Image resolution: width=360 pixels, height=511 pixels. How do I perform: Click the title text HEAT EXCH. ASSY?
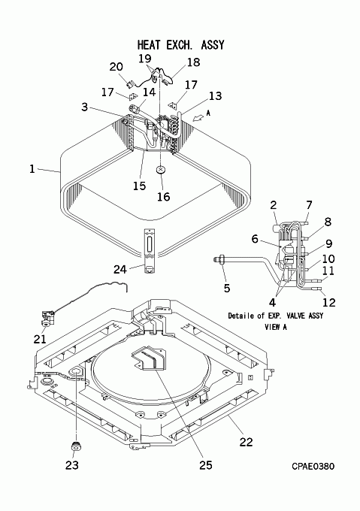181,44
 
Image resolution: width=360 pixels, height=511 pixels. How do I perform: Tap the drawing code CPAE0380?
313,467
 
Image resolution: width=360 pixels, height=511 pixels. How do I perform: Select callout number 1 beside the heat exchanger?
32,169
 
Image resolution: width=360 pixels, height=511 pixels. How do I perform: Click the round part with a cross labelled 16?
161,170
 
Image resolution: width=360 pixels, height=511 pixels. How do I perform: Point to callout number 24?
119,269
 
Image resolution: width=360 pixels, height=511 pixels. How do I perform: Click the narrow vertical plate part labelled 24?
150,251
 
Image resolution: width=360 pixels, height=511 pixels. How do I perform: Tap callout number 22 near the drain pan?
247,442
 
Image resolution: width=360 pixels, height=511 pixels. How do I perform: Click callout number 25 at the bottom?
206,465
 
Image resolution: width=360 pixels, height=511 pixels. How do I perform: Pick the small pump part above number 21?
47,318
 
